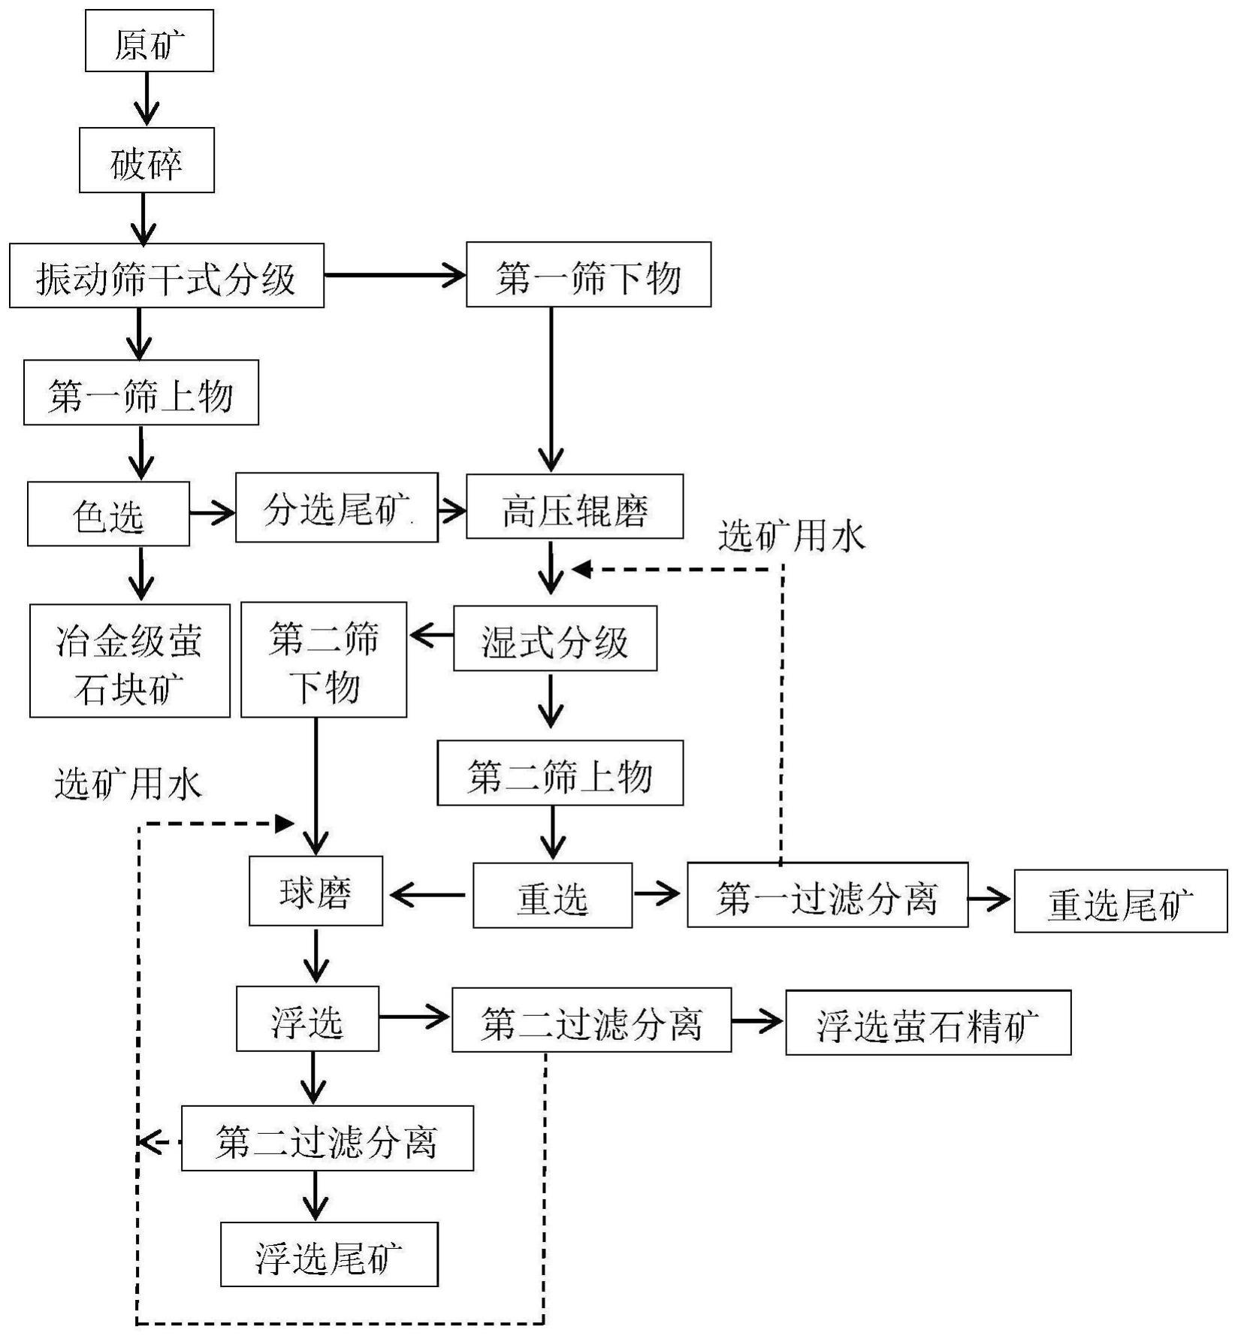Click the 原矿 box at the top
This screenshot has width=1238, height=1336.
(x=149, y=41)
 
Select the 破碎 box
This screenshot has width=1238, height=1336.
(x=146, y=160)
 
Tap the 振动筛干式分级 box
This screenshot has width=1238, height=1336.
(x=166, y=276)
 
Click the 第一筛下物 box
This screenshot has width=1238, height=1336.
(x=588, y=275)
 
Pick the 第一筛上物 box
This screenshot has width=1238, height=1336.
(x=140, y=392)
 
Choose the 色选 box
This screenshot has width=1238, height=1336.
(x=108, y=514)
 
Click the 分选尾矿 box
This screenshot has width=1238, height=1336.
(x=337, y=508)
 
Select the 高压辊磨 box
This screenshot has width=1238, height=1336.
(x=575, y=507)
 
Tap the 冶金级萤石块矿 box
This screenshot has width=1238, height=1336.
(x=129, y=661)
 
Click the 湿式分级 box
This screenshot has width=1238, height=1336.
(x=554, y=639)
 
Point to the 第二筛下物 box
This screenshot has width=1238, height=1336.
(x=323, y=660)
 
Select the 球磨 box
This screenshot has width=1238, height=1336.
(x=316, y=891)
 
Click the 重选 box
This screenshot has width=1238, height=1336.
(x=552, y=896)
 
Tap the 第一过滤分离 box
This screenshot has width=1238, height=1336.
(x=827, y=895)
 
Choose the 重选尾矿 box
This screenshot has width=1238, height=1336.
(x=1120, y=902)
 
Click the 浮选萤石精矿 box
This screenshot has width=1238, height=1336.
(x=928, y=1023)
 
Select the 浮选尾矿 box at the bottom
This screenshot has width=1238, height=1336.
(x=329, y=1255)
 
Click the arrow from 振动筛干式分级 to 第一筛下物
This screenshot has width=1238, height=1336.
(x=394, y=276)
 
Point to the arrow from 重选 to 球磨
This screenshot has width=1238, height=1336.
(x=427, y=895)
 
